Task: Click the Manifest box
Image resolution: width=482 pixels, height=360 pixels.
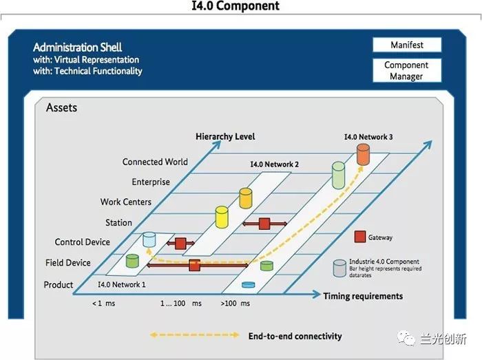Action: pyautogui.click(x=406, y=45)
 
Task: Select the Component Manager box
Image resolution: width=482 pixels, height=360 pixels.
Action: pyautogui.click(x=406, y=71)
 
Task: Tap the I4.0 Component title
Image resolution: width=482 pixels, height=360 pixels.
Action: pyautogui.click(x=235, y=6)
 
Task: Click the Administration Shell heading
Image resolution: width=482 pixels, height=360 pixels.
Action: pyautogui.click(x=78, y=47)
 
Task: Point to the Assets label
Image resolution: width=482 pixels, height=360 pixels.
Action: pyautogui.click(x=61, y=108)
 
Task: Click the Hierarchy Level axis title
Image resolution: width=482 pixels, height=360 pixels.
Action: pyautogui.click(x=225, y=136)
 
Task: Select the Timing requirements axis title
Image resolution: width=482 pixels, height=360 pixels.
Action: pyautogui.click(x=363, y=296)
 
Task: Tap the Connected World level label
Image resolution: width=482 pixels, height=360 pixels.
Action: pyautogui.click(x=155, y=162)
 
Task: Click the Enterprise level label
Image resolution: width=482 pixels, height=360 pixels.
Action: pyautogui.click(x=150, y=182)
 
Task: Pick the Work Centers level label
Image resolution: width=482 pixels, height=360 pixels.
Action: pyautogui.click(x=125, y=202)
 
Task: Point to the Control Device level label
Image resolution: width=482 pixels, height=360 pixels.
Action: pyautogui.click(x=82, y=242)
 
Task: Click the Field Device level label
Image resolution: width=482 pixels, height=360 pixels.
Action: pyautogui.click(x=68, y=262)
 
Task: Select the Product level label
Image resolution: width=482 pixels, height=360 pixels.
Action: pyautogui.click(x=59, y=284)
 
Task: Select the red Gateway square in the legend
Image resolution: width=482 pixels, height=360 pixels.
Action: pyautogui.click(x=359, y=237)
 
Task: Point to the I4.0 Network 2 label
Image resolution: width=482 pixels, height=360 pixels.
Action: pyautogui.click(x=274, y=165)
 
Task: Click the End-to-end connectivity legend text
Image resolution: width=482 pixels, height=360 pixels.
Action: pyautogui.click(x=295, y=336)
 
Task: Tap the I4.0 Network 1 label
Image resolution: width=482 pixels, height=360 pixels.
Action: pyautogui.click(x=121, y=284)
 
